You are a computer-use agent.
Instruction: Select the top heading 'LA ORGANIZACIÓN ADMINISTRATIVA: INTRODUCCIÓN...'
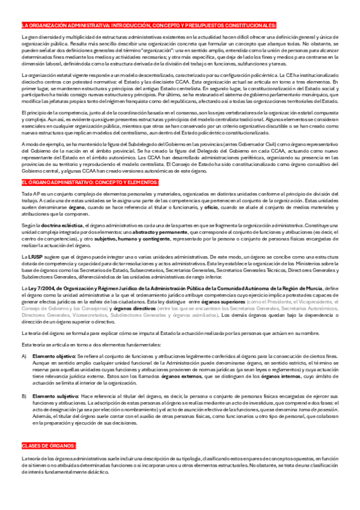(x=148, y=25)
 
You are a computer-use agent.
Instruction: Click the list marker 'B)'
(x=24, y=398)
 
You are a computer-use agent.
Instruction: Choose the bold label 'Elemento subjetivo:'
(x=55, y=398)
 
